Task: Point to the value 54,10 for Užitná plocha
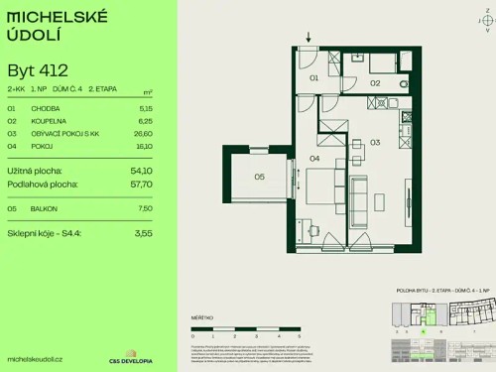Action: pos(141,171)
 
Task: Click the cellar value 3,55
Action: pos(145,233)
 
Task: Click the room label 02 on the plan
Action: pos(375,83)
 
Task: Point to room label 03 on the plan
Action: pos(375,143)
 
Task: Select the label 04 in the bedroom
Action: pos(313,158)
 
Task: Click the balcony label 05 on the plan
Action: pos(258,178)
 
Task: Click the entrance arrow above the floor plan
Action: pos(309,38)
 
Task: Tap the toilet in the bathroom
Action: pos(402,84)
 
